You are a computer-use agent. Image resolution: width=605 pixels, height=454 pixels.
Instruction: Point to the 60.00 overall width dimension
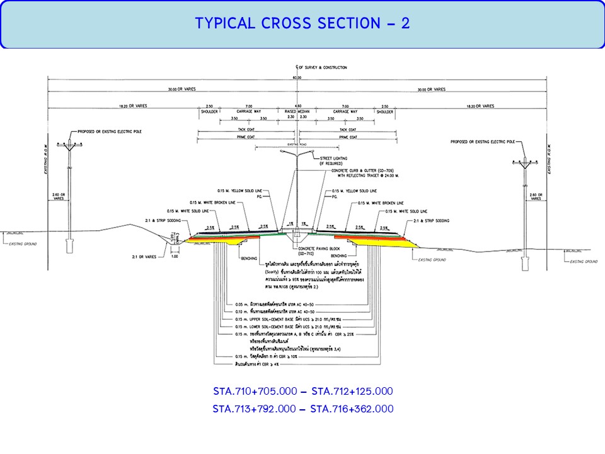(297, 77)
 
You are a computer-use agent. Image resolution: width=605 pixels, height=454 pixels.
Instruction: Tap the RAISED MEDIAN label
(297, 112)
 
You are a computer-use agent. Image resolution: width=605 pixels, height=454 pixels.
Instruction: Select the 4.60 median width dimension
(297, 106)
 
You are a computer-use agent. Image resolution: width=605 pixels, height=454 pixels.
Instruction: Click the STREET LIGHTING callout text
(334, 159)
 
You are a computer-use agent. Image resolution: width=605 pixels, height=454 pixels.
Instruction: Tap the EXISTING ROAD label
(296, 144)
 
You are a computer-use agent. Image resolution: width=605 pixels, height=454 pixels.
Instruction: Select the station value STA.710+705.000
(254, 391)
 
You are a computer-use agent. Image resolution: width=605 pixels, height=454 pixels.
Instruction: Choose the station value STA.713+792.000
(254, 409)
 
